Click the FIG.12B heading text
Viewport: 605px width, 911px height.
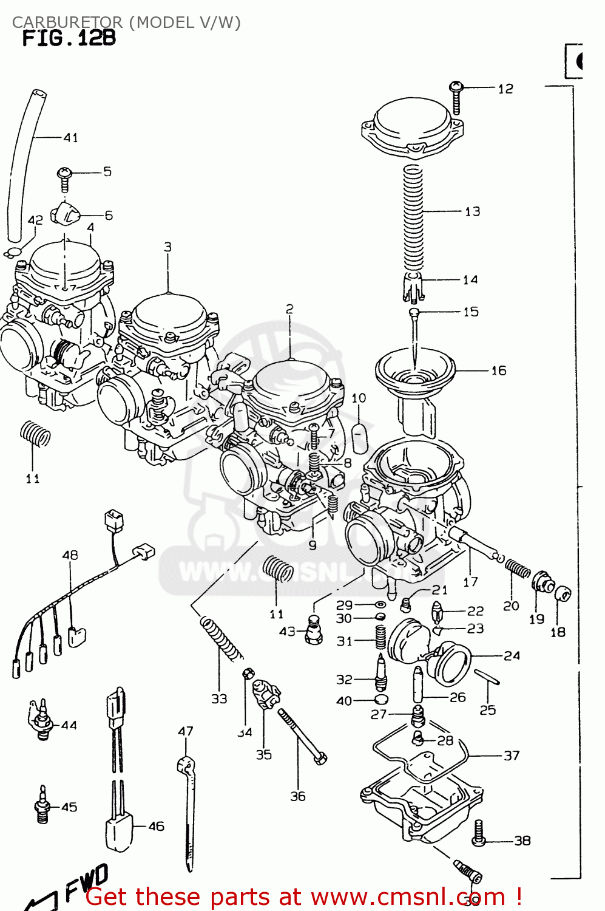click(x=69, y=38)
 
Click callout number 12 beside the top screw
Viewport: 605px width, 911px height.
click(x=505, y=89)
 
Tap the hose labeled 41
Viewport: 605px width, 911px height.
click(x=24, y=164)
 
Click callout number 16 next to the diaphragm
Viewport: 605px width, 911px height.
click(x=498, y=370)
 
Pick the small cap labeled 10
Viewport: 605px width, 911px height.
click(x=360, y=436)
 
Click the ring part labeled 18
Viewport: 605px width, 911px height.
click(x=563, y=593)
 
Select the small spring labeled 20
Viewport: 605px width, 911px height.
click(x=518, y=569)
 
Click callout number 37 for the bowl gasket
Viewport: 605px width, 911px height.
click(x=512, y=756)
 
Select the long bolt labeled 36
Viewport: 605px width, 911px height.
click(x=302, y=736)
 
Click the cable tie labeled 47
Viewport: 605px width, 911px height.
click(x=188, y=808)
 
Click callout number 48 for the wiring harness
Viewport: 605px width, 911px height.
click(x=70, y=555)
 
